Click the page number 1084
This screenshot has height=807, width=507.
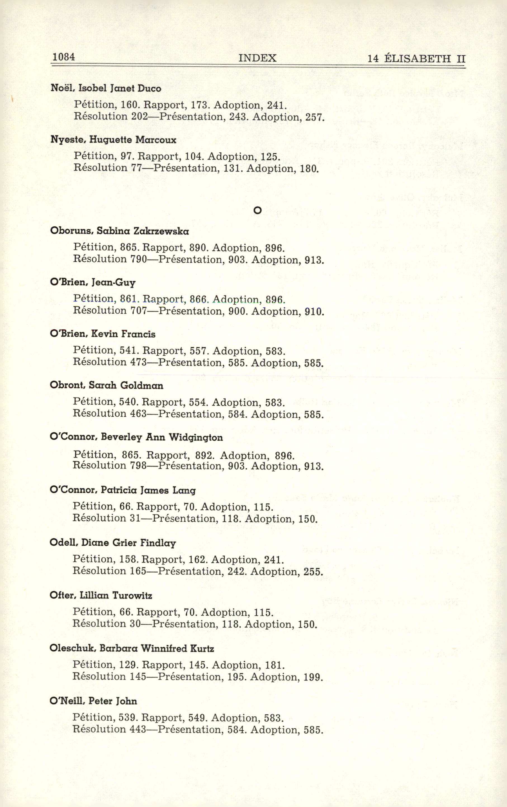pos(63,57)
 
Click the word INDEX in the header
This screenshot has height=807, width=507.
pos(257,58)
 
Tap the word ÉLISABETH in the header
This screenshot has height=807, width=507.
pos(417,59)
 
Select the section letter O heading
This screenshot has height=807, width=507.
pos(257,210)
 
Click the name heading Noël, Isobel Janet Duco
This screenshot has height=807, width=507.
pos(106,88)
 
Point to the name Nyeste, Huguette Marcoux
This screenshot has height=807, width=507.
pos(113,140)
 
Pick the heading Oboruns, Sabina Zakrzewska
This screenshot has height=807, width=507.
pos(119,231)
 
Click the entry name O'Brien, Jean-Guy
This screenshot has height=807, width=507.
pos(93,283)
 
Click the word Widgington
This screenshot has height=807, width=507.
pos(196,437)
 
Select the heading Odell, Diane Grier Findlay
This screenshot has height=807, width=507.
pos(113,543)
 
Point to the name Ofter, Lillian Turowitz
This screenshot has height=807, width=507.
pos(101,595)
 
